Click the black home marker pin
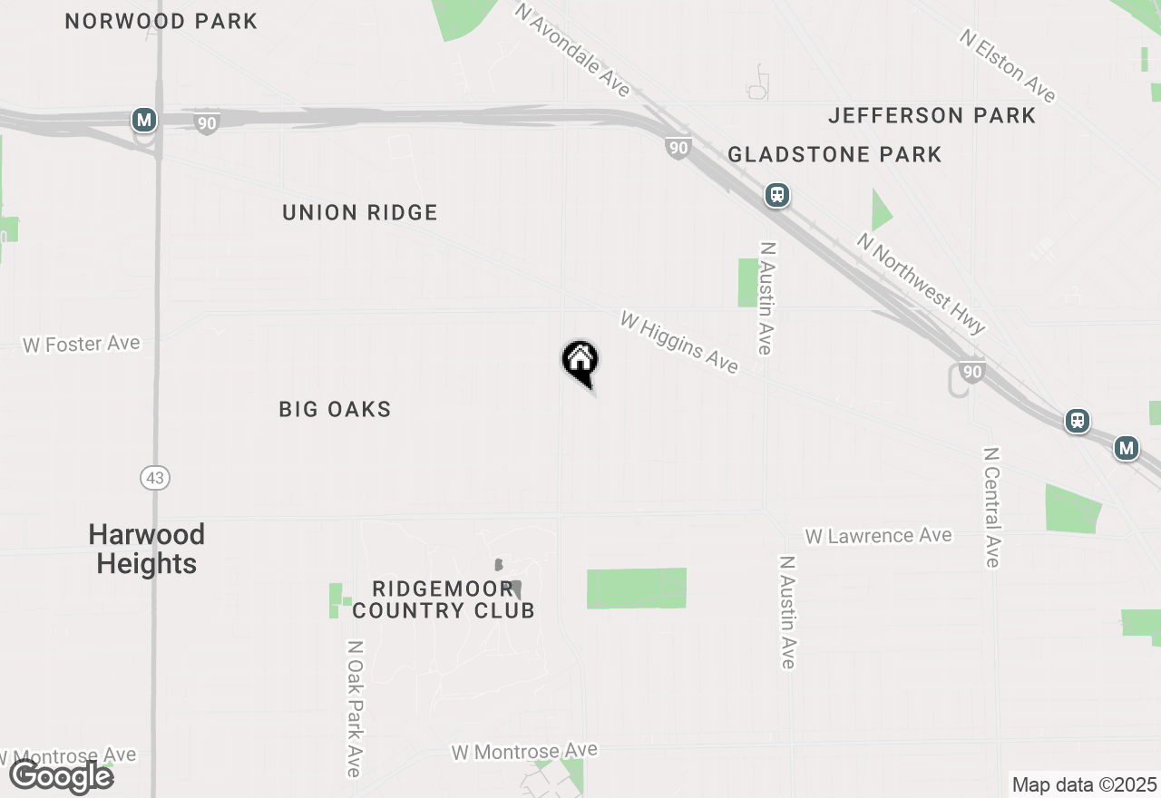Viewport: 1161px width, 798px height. coord(580,361)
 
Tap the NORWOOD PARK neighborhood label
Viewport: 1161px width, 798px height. coord(161,21)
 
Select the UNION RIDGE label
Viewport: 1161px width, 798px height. coord(360,212)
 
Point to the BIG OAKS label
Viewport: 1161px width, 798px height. coord(335,409)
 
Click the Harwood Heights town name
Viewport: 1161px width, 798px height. coord(147,549)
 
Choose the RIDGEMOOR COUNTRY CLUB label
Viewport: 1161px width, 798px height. coord(444,599)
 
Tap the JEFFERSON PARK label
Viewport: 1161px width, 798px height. coord(932,115)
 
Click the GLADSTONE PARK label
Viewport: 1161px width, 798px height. coord(834,155)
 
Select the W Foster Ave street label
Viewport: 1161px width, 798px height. coord(82,345)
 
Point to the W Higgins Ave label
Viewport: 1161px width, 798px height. coord(678,342)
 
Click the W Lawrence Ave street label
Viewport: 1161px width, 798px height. coord(878,536)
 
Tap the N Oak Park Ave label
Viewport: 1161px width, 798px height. coord(355,709)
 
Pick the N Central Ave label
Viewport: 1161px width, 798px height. coord(991,507)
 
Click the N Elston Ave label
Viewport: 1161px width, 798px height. coord(1008,65)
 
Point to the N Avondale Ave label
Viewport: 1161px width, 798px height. coord(572,49)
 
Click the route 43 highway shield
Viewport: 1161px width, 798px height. coord(155,477)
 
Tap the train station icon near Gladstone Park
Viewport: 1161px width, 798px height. coord(776,195)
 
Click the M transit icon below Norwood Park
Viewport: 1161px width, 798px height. coord(143,120)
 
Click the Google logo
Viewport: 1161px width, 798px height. coord(62,776)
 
